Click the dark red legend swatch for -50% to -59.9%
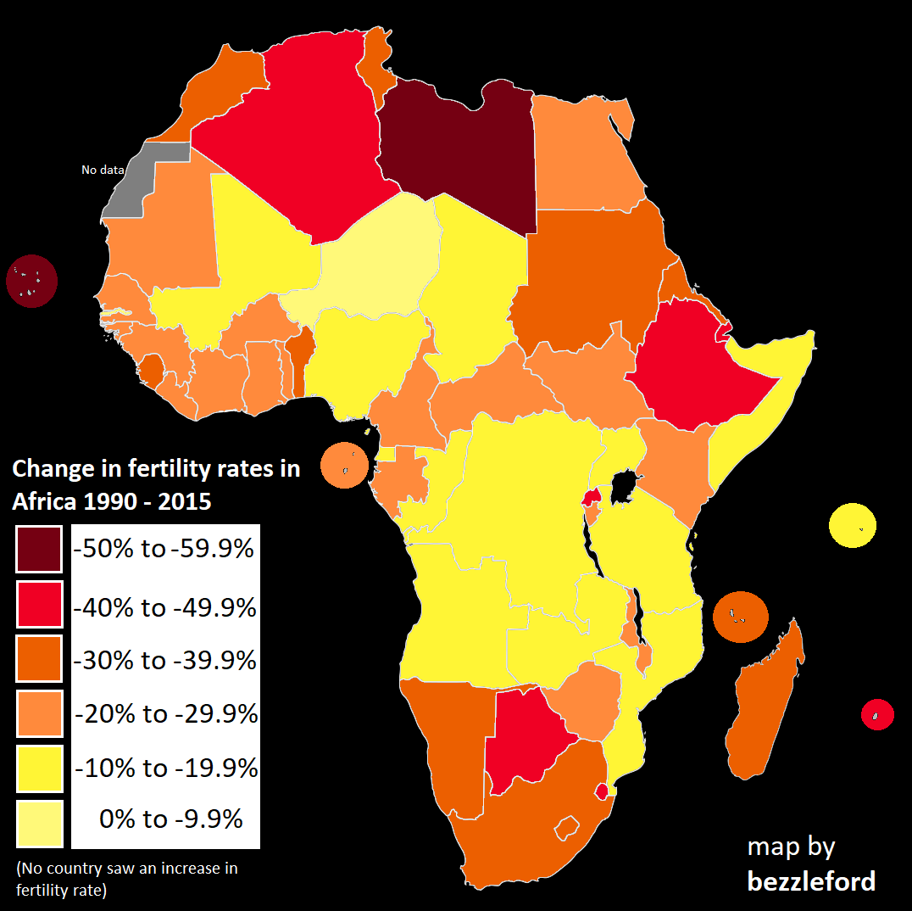(38, 549)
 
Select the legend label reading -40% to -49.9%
(165, 608)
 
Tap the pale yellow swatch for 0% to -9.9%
(38, 823)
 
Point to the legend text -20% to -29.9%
(166, 714)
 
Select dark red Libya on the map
(458, 153)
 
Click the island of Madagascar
(759, 704)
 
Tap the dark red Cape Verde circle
(32, 281)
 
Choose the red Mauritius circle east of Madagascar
(877, 714)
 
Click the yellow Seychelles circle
(852, 525)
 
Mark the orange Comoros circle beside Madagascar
(739, 616)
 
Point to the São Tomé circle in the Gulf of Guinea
(345, 466)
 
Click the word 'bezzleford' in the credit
(810, 881)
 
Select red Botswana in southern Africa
(526, 738)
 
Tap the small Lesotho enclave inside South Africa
(566, 826)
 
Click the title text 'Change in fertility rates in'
(156, 468)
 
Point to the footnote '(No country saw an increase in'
(127, 869)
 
